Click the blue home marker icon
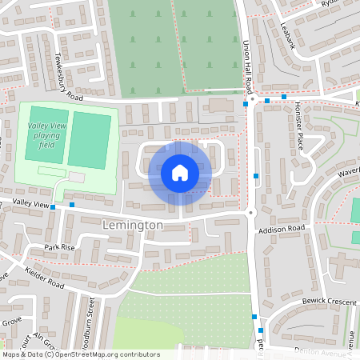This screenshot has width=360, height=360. (180, 172)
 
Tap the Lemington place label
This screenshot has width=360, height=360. (133, 226)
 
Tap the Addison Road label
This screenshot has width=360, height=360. (281, 229)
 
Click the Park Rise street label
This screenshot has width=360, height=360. (59, 247)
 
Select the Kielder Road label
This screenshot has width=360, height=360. (44, 276)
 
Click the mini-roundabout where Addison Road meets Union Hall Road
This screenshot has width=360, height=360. (250, 212)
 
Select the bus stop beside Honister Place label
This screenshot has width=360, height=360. (284, 98)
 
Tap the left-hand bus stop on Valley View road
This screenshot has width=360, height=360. (53, 206)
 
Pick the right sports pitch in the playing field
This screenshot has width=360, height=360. (89, 140)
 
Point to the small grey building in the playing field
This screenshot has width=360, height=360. (77, 177)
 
